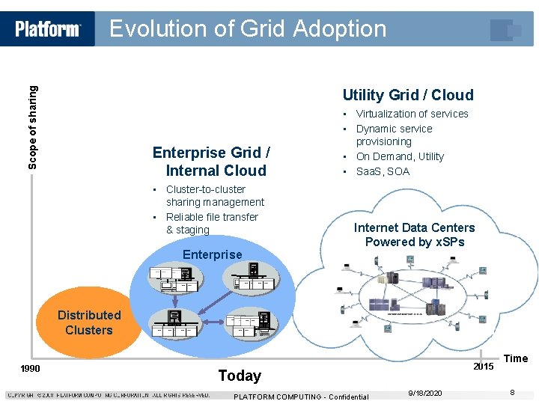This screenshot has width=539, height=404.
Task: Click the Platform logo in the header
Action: click(x=48, y=29)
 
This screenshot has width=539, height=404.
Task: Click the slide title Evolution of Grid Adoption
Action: click(x=248, y=28)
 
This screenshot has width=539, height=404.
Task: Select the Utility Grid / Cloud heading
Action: click(x=408, y=95)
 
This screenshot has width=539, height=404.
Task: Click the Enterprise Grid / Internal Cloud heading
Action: click(x=211, y=162)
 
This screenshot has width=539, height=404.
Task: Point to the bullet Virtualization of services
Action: click(x=412, y=114)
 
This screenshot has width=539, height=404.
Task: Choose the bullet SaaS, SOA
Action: click(x=383, y=171)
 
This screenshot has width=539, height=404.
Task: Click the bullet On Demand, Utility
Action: click(x=400, y=156)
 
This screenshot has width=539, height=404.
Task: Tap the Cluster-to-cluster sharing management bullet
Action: click(x=215, y=195)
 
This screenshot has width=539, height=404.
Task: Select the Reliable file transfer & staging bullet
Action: click(x=212, y=223)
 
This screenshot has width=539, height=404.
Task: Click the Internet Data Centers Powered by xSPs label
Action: click(x=414, y=234)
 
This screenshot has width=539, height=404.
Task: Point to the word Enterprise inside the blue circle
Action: click(x=213, y=254)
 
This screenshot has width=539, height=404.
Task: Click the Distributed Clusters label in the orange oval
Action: click(x=88, y=322)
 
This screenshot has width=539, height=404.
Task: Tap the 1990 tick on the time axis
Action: click(x=30, y=368)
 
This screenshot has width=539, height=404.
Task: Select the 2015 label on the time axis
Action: click(x=484, y=367)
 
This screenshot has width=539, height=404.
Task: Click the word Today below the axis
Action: click(x=240, y=376)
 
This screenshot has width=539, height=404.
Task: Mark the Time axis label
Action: click(x=516, y=358)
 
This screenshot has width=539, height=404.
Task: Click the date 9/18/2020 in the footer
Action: click(x=425, y=394)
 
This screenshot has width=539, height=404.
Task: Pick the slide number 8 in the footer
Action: click(x=512, y=393)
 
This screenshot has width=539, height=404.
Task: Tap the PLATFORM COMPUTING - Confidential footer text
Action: click(x=301, y=397)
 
